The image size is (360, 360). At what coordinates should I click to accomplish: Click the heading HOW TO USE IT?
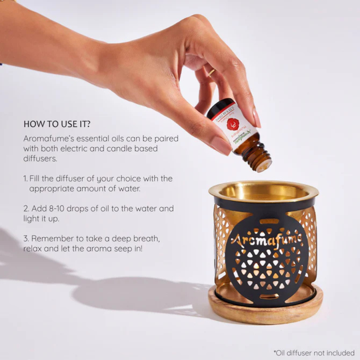57,124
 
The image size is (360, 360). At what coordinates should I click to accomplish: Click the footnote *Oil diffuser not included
314,353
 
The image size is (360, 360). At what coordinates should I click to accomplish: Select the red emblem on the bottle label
233,124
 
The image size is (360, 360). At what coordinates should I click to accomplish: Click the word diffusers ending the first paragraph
40,159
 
